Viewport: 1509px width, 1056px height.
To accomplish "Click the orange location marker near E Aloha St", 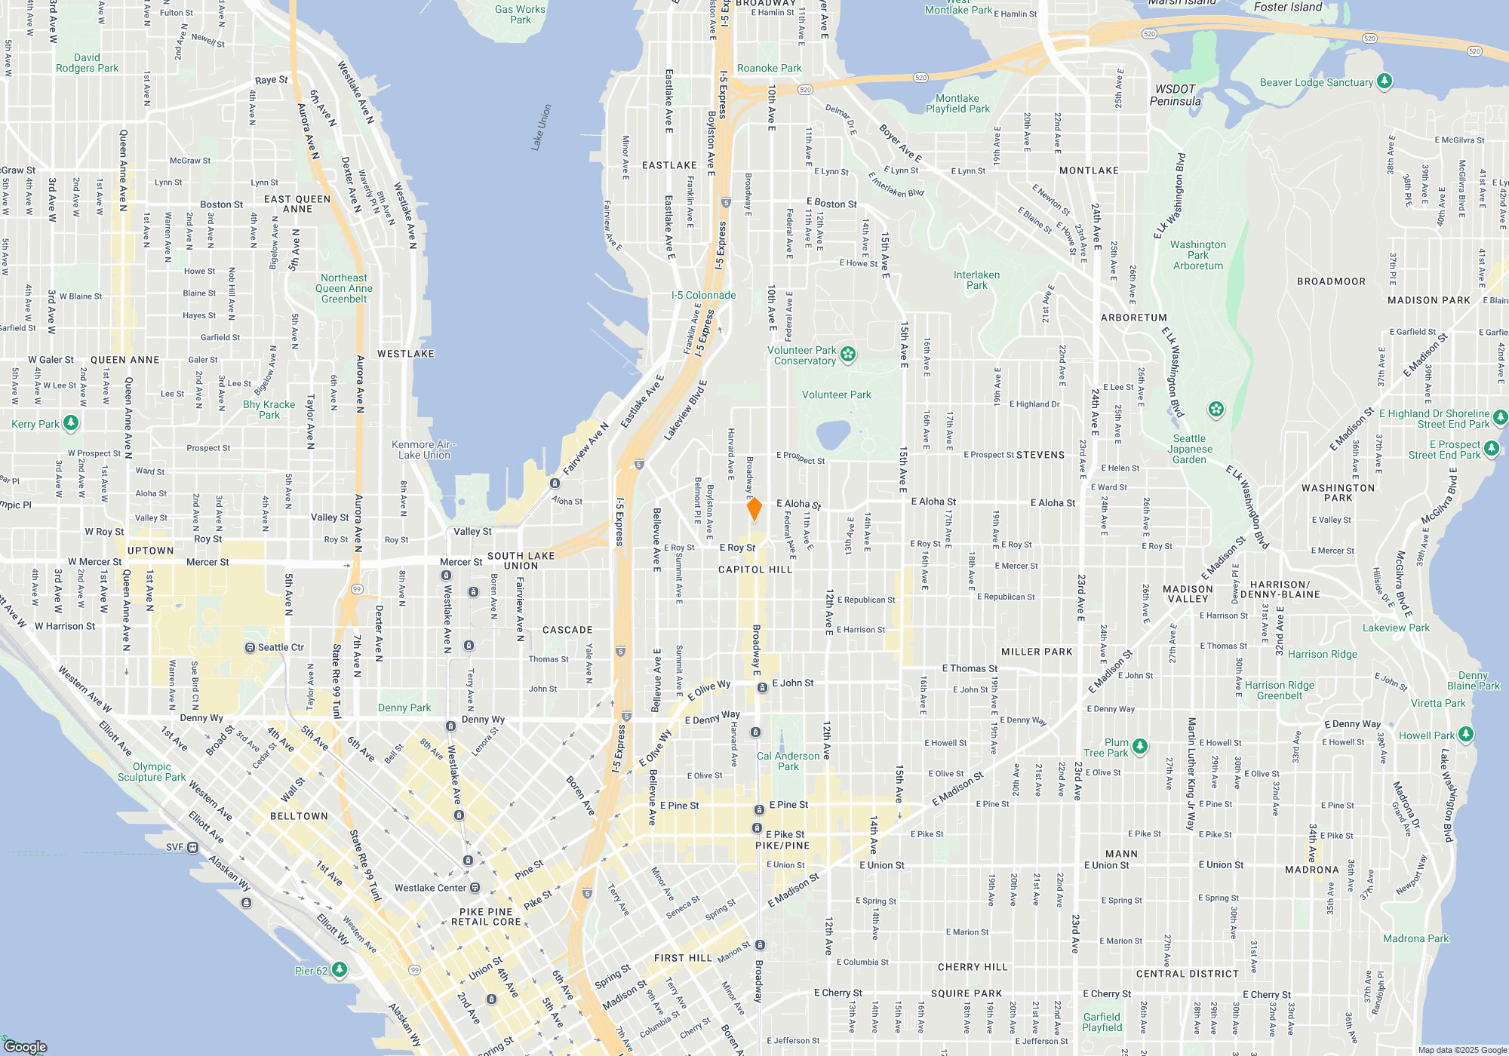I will click(754, 509).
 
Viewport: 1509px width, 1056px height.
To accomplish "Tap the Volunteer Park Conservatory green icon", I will click(848, 355).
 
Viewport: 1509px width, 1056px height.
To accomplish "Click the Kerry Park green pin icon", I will click(71, 423).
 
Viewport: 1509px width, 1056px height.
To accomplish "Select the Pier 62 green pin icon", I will click(340, 969).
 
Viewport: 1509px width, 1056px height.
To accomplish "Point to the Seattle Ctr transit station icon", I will click(250, 648).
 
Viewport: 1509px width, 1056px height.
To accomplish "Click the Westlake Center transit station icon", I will click(475, 888).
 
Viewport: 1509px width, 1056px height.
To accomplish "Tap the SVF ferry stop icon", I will click(193, 847).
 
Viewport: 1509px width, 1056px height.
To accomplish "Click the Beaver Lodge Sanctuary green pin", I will click(1384, 81).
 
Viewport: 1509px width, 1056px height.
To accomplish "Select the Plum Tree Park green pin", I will click(1140, 747).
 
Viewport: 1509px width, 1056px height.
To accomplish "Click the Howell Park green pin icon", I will click(1465, 734).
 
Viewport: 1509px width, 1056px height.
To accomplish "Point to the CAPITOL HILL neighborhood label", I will click(755, 569).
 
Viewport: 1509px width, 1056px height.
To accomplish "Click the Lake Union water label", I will click(542, 127).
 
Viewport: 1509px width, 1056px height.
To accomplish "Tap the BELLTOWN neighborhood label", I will click(299, 816).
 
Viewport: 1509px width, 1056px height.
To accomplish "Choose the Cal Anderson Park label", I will click(788, 761).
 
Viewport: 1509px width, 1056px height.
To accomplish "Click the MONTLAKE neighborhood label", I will click(1089, 170).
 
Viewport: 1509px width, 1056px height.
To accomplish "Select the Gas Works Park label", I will click(520, 14).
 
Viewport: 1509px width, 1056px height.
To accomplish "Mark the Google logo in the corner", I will click(26, 1046).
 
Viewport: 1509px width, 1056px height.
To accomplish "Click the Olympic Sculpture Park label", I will click(152, 772).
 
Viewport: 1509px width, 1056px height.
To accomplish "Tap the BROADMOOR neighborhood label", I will click(1331, 281).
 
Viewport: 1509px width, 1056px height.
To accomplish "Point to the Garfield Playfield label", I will click(1102, 1022).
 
